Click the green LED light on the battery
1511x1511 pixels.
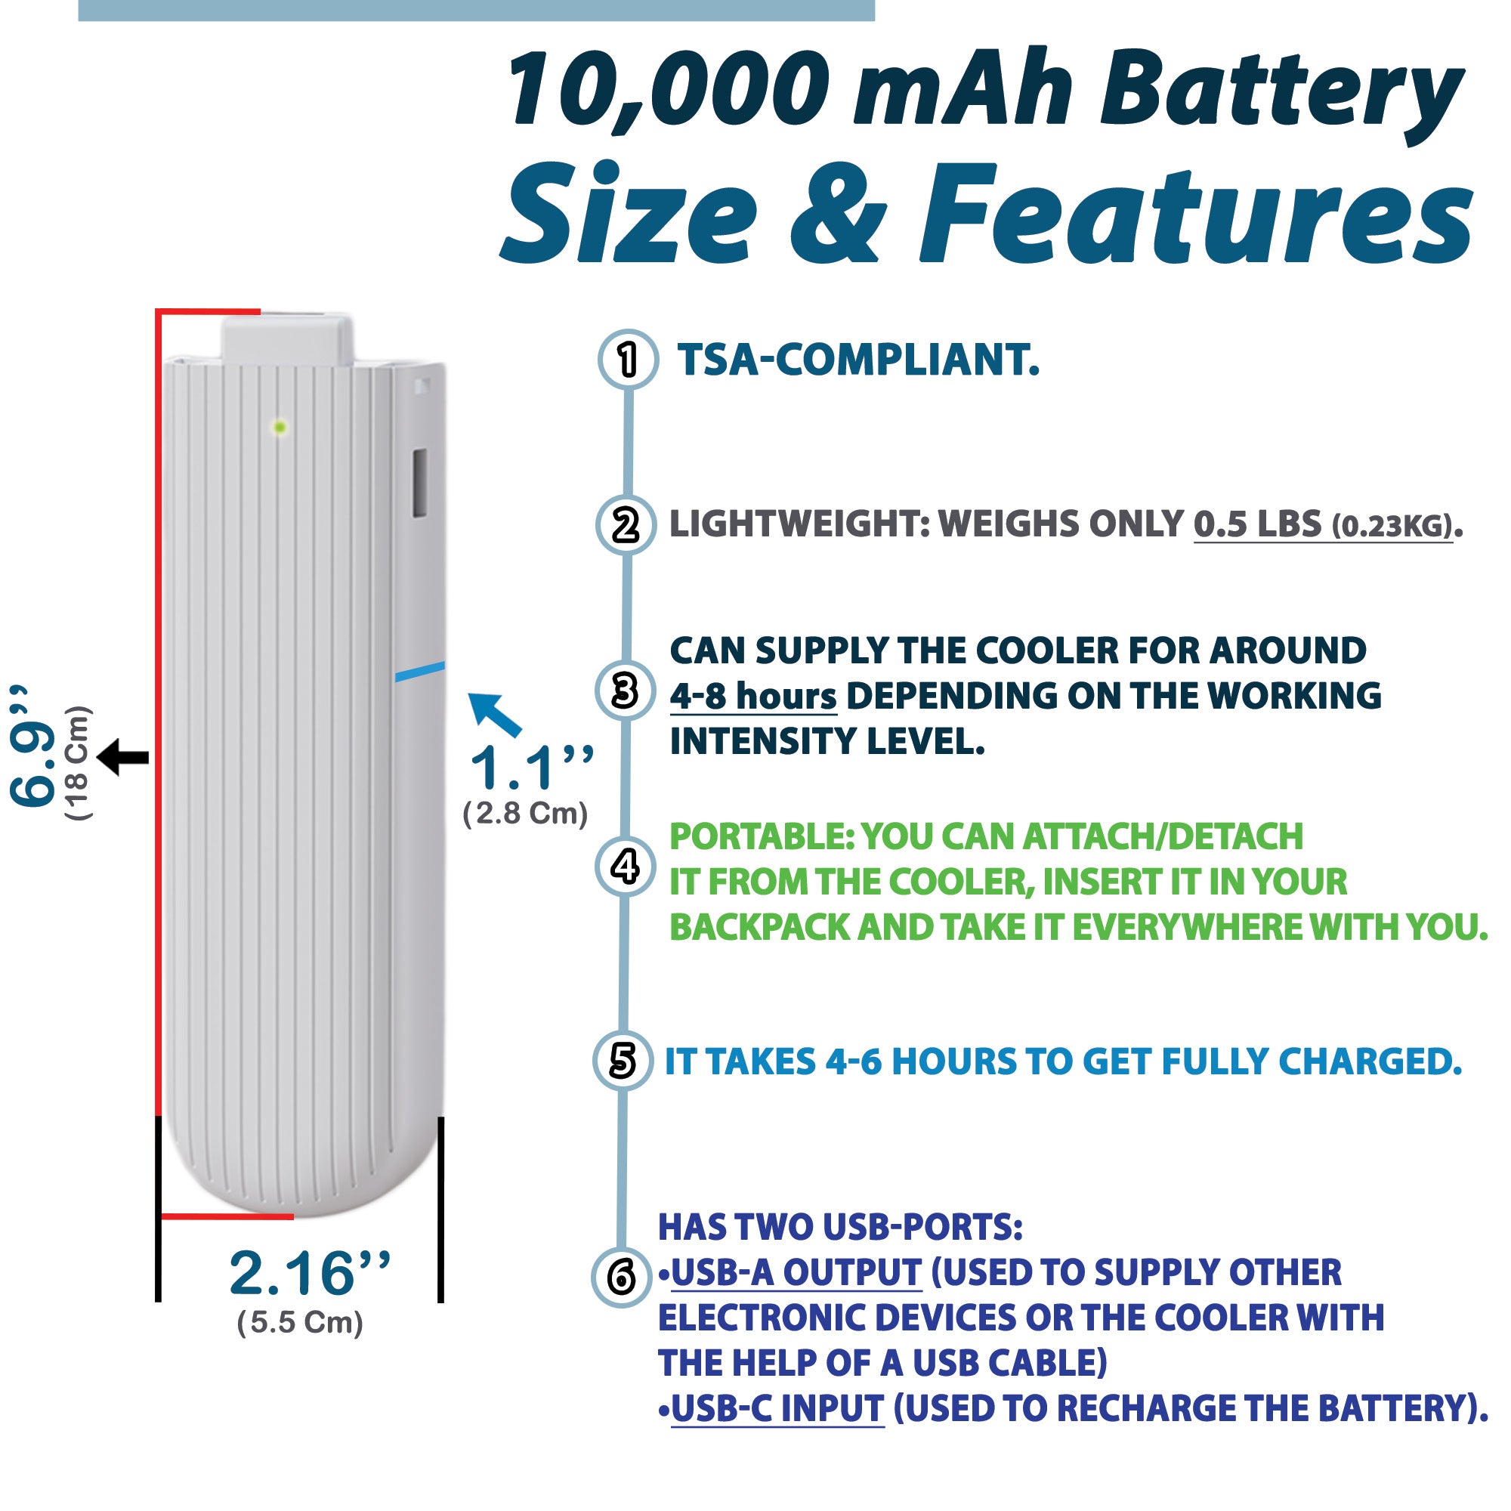pyautogui.click(x=280, y=427)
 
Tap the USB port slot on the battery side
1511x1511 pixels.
pyautogui.click(x=419, y=482)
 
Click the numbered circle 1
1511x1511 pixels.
pyautogui.click(x=627, y=360)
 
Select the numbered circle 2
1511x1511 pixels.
pyautogui.click(x=626, y=525)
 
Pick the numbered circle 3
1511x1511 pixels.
pyautogui.click(x=625, y=691)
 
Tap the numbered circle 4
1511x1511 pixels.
pyautogui.click(x=625, y=867)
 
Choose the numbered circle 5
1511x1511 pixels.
pyautogui.click(x=623, y=1061)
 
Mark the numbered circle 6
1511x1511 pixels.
pyautogui.click(x=621, y=1278)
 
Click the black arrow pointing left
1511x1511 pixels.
pyautogui.click(x=123, y=757)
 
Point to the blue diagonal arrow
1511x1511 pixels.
pyautogui.click(x=494, y=715)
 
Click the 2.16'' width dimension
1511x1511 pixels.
pyautogui.click(x=310, y=1274)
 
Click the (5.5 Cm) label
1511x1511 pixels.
pyautogui.click(x=301, y=1323)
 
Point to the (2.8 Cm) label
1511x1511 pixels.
pyautogui.click(x=526, y=814)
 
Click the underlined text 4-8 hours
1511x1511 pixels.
pyautogui.click(x=753, y=696)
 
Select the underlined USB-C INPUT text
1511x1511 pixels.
pyautogui.click(x=777, y=1408)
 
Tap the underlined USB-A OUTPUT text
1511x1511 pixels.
pyautogui.click(x=796, y=1272)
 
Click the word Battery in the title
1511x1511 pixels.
pyautogui.click(x=1282, y=92)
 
